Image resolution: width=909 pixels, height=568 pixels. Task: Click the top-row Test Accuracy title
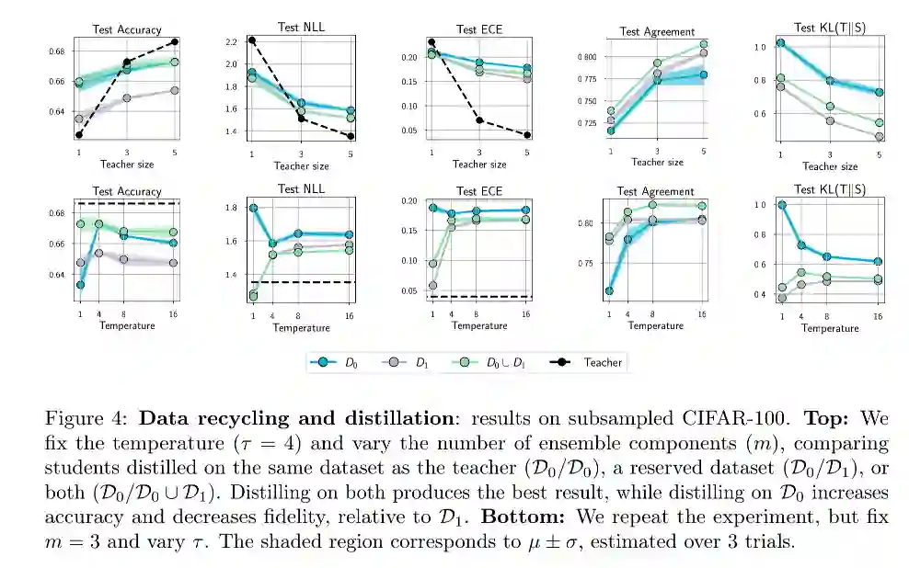click(x=126, y=30)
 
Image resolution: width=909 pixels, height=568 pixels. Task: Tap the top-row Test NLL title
click(x=300, y=27)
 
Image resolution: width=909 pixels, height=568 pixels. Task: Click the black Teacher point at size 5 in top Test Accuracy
click(x=174, y=41)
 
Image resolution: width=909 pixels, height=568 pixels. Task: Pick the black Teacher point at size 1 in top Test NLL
click(x=251, y=40)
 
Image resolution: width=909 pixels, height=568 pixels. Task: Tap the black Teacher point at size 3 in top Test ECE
click(x=479, y=120)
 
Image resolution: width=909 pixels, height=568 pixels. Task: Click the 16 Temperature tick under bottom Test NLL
click(x=347, y=315)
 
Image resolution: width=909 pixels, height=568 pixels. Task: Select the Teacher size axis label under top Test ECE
click(x=479, y=165)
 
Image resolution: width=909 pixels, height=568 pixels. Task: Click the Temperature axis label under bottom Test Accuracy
click(x=126, y=325)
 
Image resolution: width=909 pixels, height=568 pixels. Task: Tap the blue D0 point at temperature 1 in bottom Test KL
click(x=781, y=205)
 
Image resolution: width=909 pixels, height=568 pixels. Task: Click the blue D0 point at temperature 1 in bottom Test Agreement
click(x=609, y=290)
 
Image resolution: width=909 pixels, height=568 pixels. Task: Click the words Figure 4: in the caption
click(x=75, y=418)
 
